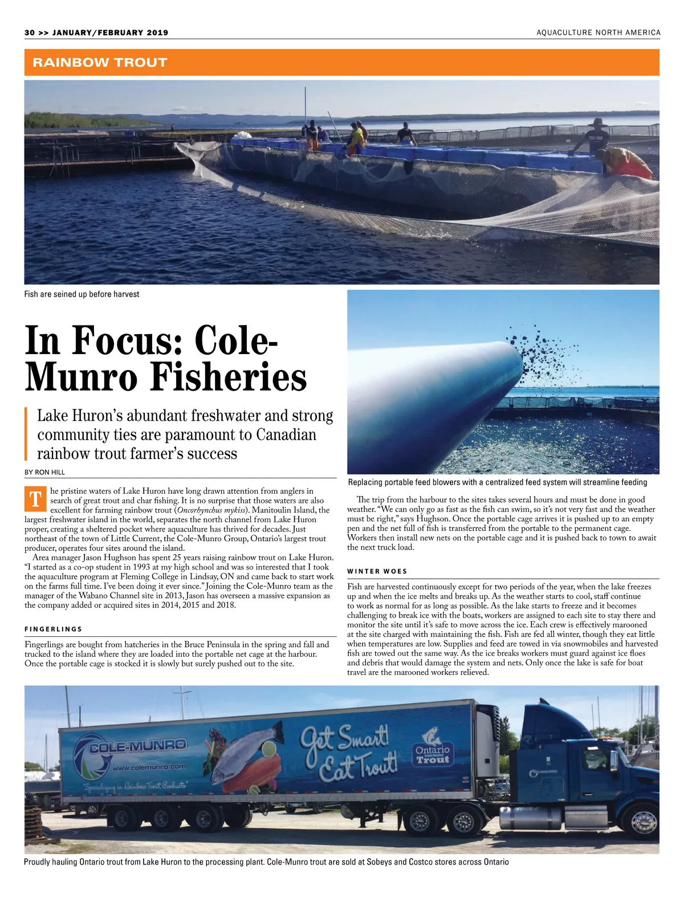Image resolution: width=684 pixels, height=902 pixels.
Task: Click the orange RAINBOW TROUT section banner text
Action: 100,62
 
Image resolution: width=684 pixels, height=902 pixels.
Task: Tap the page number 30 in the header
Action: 30,32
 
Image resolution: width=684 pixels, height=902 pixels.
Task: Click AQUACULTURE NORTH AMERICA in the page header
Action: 598,32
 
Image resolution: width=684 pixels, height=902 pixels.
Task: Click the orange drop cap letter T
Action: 35,499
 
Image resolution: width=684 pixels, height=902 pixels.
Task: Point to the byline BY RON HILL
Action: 44,472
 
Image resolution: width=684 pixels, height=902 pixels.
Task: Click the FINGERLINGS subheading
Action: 54,629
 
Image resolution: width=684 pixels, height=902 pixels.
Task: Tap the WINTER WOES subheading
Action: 377,571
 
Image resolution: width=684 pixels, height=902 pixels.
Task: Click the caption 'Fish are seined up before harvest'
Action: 82,294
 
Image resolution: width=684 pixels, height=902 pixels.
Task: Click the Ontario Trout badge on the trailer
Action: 433,749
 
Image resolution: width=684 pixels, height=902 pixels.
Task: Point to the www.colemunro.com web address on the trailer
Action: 149,767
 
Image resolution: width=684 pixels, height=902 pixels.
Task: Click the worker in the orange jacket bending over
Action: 627,163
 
